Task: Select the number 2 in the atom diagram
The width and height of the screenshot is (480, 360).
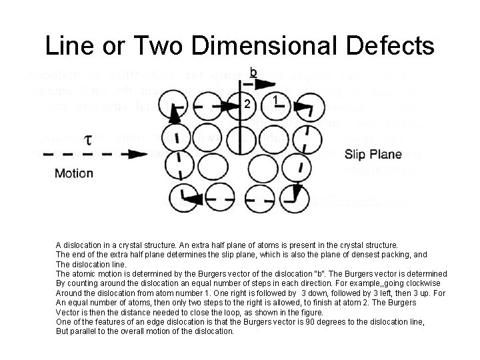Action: click(x=247, y=105)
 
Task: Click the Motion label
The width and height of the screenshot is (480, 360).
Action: click(x=73, y=174)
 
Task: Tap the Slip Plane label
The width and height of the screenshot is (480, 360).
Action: click(x=373, y=154)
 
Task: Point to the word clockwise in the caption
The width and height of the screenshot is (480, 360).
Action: click(x=430, y=283)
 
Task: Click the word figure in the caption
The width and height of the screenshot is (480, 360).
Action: click(x=309, y=312)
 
